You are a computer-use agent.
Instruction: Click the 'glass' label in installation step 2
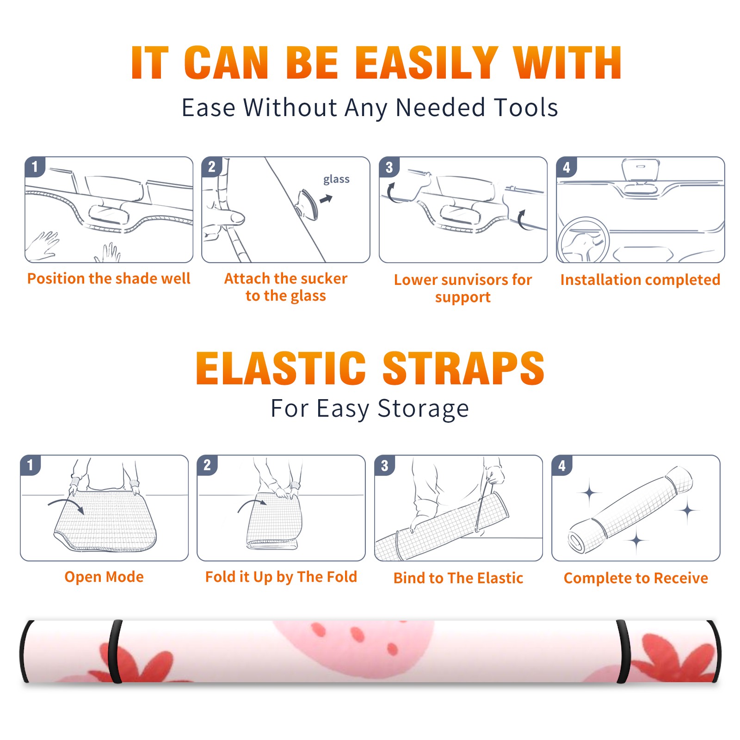click(x=336, y=179)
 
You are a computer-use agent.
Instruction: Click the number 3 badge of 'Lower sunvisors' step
click(x=389, y=167)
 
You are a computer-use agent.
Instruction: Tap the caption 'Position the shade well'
click(x=109, y=278)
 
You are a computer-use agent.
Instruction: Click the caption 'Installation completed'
click(x=640, y=279)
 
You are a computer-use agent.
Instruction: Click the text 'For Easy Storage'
click(x=370, y=409)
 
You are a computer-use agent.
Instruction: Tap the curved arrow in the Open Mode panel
click(x=66, y=505)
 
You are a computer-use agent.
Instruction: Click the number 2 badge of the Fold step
click(x=207, y=465)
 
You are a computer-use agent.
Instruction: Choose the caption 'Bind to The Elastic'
click(x=458, y=578)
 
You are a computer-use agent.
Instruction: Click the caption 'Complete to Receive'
click(x=635, y=578)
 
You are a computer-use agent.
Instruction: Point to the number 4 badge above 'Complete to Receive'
click(x=561, y=465)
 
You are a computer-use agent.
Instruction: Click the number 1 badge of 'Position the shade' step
click(x=35, y=167)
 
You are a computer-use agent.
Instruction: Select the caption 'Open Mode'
click(x=104, y=577)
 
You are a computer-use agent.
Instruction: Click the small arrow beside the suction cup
click(x=326, y=199)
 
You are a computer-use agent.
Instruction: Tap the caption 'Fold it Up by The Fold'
click(x=281, y=577)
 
